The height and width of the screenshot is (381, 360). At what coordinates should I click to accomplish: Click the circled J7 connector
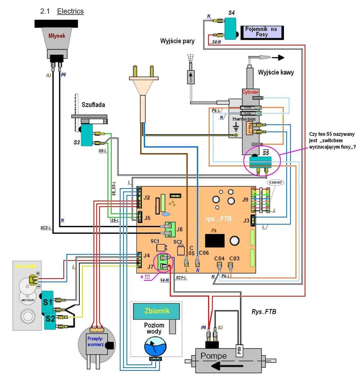pos(163,262)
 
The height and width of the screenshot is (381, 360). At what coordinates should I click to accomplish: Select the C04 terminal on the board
pos(219,266)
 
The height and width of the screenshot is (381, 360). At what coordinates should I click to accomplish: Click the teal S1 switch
pos(48,301)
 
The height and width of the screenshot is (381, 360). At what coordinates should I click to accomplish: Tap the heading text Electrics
pos(71,11)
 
